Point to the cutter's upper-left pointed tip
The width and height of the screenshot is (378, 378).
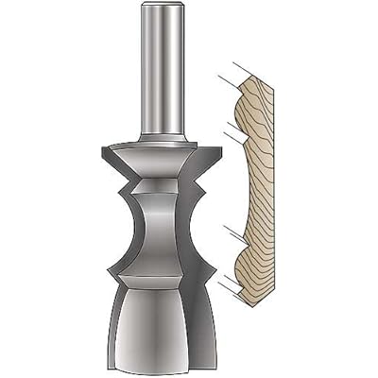pos(99,152)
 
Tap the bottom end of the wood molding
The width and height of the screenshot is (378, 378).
pos(254,301)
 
